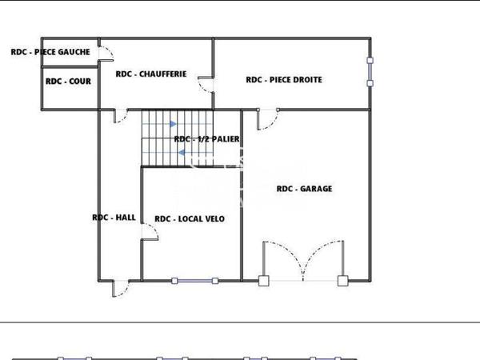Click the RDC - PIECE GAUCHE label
50,52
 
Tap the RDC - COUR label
68,81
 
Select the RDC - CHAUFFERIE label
151,74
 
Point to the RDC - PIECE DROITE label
284,79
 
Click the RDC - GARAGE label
304,189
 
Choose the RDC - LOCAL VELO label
190,218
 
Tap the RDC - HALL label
114,217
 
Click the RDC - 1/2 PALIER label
206,139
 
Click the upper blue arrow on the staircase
173,124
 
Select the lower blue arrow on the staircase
182,151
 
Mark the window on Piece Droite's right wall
370,71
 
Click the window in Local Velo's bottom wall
196,280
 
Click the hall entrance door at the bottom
120,288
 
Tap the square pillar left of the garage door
263,280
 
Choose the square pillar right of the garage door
342,280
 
